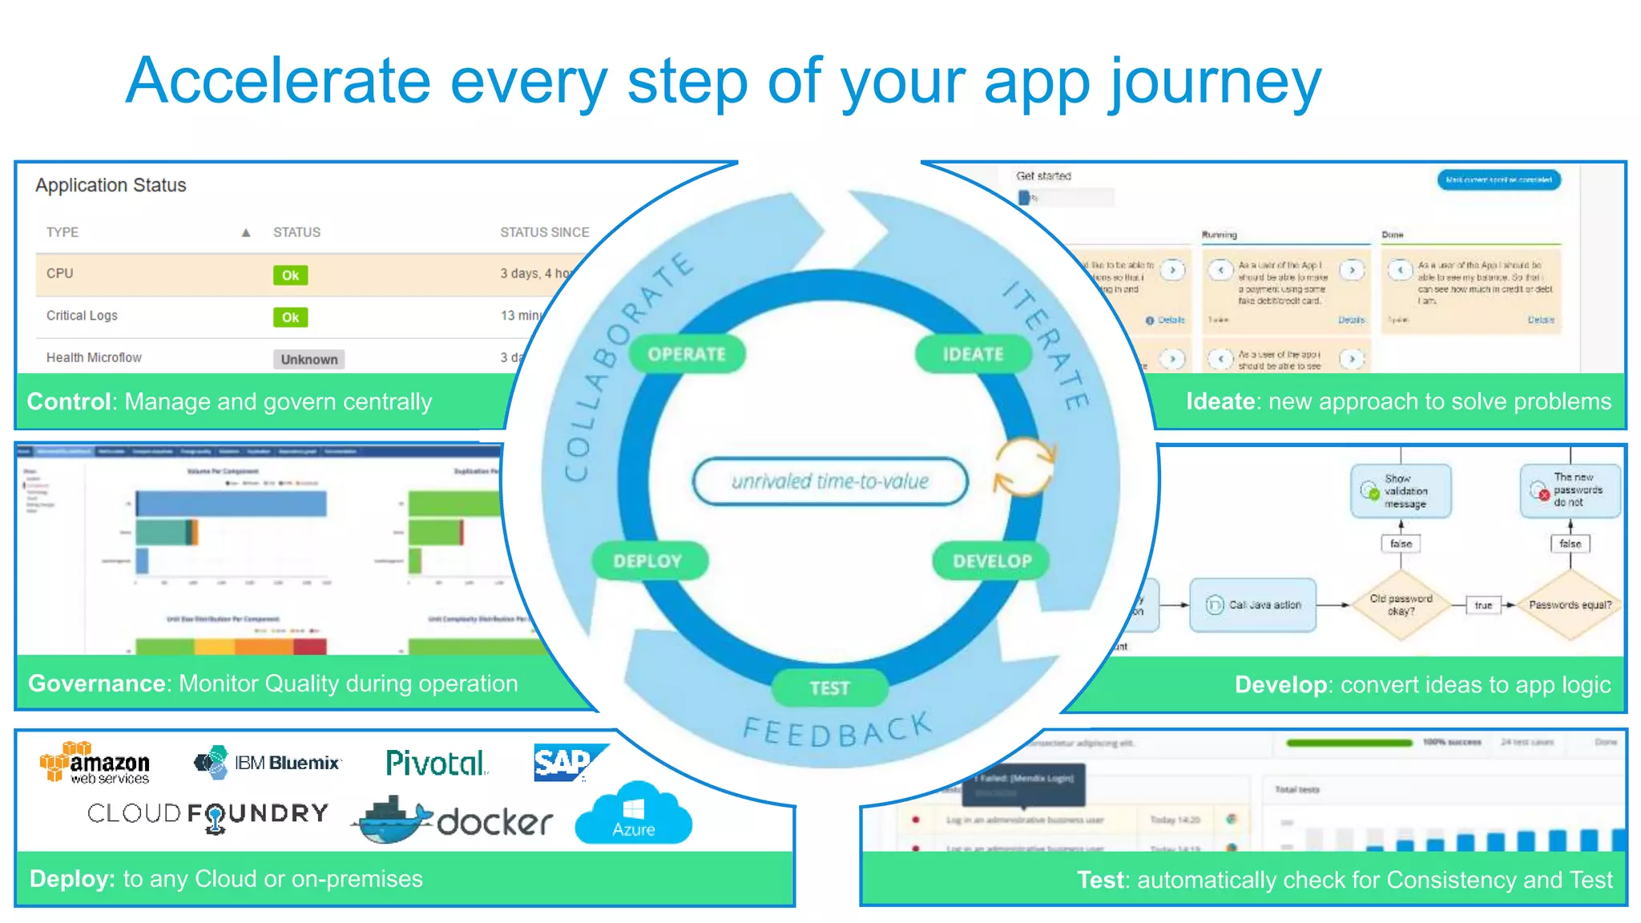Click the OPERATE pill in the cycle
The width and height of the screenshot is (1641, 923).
[x=687, y=354]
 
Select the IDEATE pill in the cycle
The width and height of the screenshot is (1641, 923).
[x=973, y=354]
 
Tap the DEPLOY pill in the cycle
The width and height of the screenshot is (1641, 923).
[x=648, y=561]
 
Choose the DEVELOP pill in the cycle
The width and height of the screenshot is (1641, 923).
[x=992, y=561]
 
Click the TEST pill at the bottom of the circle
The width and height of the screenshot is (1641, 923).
[x=829, y=687]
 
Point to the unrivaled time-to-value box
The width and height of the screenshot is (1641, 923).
[x=830, y=482]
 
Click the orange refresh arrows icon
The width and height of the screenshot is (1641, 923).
[x=1024, y=466]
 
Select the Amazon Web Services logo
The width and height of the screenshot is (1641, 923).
[x=95, y=763]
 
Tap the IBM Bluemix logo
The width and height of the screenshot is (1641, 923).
[x=268, y=762]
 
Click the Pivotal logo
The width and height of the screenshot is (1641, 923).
[x=436, y=763]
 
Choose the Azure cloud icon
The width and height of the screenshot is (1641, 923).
[x=634, y=815]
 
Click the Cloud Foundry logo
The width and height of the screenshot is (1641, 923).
[x=208, y=815]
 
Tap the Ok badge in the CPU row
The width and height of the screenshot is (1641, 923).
[x=290, y=275]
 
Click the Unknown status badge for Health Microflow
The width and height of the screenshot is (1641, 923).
[x=309, y=359]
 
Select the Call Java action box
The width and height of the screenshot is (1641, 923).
[x=1253, y=605]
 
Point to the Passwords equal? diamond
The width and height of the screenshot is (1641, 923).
[x=1570, y=605]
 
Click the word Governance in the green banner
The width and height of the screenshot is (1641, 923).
[x=97, y=683]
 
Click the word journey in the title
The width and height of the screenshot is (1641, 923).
[x=1215, y=83]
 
